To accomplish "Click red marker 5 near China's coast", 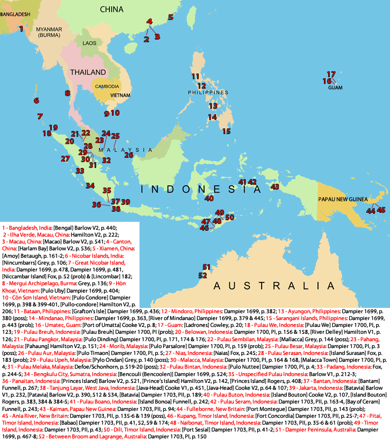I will click(171, 17).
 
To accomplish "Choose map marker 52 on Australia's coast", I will click(202, 275).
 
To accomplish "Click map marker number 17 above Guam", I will click(331, 74).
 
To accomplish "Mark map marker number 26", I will click(129, 155).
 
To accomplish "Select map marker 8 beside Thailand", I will click(68, 93).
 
